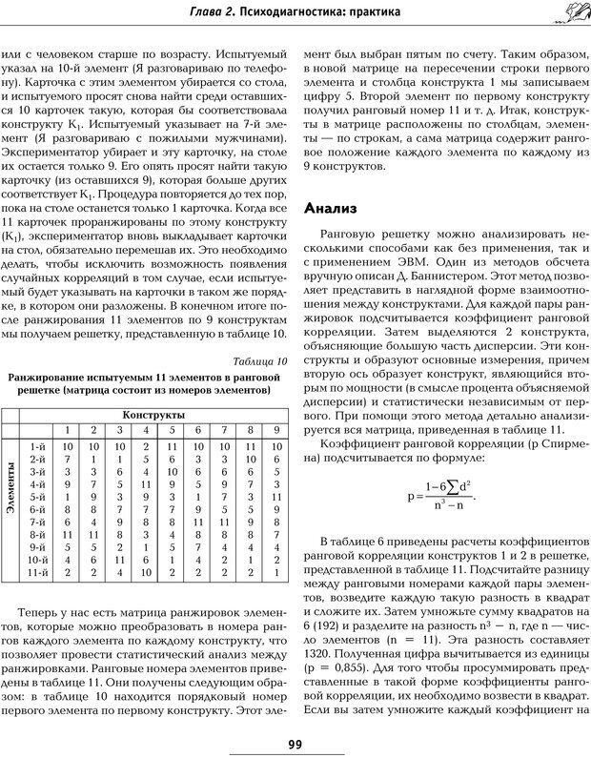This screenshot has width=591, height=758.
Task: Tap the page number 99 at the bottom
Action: coord(295,743)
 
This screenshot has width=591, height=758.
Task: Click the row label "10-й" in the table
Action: coord(39,559)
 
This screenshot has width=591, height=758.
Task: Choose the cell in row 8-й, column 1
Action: coord(68,534)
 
